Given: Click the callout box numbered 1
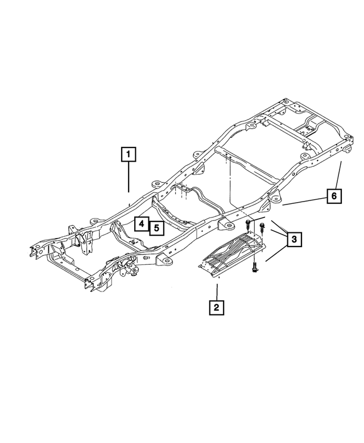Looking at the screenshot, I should [x=129, y=154].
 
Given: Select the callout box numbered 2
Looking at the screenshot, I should [x=216, y=307].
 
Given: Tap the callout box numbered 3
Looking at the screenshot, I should [x=293, y=239].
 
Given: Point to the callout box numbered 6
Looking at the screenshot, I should [x=334, y=196].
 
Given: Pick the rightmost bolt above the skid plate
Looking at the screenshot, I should [x=260, y=228].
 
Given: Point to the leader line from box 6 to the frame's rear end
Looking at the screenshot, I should [x=339, y=174].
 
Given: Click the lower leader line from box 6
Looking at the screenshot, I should [x=304, y=200].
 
